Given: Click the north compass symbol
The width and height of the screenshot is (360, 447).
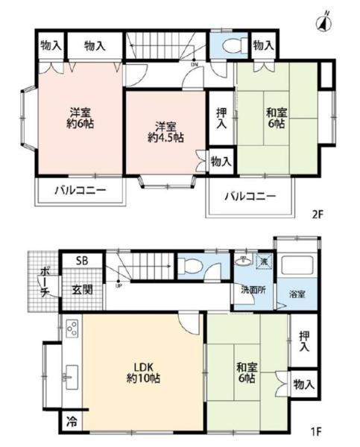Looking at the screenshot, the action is [324, 22].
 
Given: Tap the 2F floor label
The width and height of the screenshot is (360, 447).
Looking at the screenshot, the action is [318, 214].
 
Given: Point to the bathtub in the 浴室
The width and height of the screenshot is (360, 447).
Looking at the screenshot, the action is [297, 265].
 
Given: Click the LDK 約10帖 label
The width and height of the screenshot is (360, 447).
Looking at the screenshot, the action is [144, 372].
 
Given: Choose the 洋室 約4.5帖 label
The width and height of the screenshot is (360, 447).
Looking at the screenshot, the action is [165, 132].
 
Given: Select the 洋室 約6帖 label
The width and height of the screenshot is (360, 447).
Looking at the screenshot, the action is [80, 118].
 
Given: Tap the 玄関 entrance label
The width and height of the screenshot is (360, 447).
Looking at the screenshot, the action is [82, 290].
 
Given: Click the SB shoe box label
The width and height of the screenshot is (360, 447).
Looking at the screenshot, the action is [82, 261].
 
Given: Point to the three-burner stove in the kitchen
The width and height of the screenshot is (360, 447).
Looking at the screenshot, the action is [72, 329].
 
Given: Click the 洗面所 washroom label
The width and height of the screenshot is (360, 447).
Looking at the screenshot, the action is [253, 291].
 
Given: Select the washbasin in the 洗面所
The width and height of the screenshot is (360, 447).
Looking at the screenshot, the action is [244, 261].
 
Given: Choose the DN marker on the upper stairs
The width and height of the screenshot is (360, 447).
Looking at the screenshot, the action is [194, 64].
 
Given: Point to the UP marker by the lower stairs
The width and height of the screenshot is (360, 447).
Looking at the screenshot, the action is [119, 285].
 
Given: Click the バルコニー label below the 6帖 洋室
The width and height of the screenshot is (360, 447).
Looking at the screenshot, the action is [80, 190].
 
